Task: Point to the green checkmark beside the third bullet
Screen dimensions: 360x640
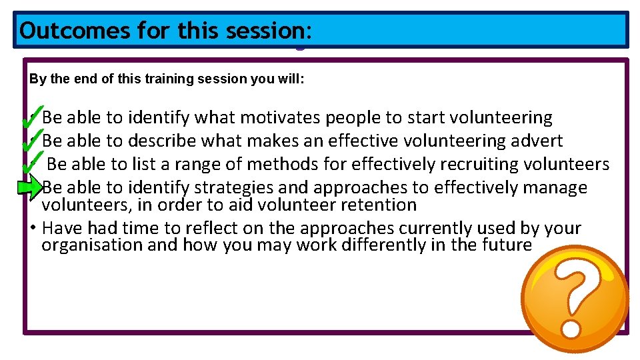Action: pyautogui.click(x=31, y=161)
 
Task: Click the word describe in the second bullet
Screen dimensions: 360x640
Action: pyautogui.click(x=165, y=141)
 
